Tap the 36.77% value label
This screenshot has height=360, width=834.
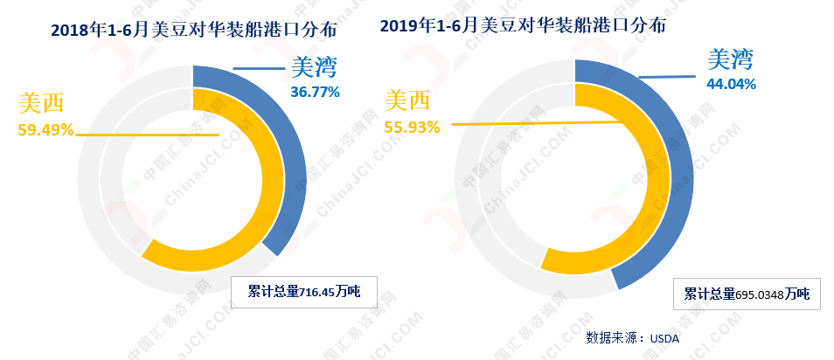click(x=315, y=91)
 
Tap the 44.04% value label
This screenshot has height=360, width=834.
click(x=731, y=84)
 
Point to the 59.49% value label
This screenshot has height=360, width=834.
click(x=45, y=131)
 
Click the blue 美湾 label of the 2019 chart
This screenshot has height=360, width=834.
click(x=730, y=59)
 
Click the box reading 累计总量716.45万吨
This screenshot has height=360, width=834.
click(x=303, y=291)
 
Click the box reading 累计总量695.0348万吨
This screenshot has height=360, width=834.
click(x=747, y=294)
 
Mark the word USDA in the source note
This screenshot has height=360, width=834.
click(x=664, y=337)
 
